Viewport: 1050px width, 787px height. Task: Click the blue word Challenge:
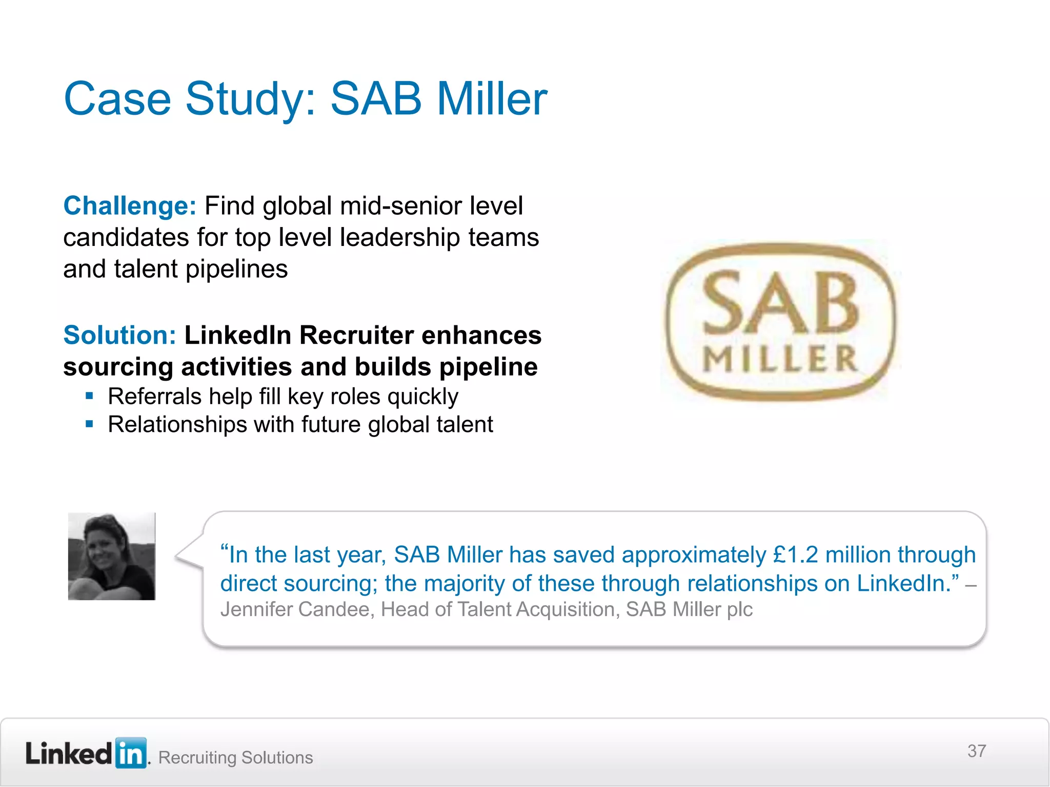(x=130, y=206)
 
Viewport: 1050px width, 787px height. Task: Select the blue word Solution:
(x=120, y=336)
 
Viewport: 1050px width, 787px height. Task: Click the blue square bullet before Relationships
(x=90, y=424)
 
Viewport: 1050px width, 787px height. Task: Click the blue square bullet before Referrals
(x=90, y=396)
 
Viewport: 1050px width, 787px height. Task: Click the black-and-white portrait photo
(x=112, y=556)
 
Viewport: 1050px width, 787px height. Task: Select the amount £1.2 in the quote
(x=796, y=555)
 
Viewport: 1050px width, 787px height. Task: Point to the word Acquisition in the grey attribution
(x=566, y=610)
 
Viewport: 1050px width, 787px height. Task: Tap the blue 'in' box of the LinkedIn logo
(x=131, y=753)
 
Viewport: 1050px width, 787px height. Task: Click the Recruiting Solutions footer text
(x=236, y=757)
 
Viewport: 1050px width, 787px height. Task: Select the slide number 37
(x=977, y=751)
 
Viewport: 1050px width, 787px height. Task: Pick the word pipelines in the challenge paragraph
(x=237, y=270)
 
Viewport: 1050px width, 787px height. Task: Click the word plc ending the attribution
(x=739, y=610)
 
